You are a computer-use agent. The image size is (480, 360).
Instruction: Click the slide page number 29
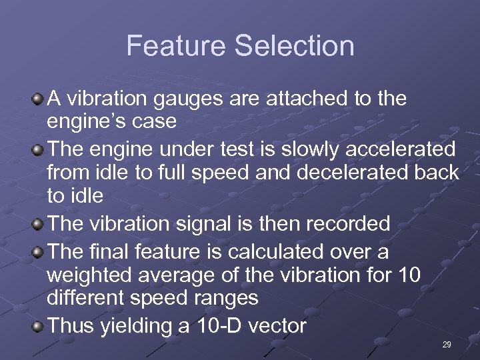coord(447,345)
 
